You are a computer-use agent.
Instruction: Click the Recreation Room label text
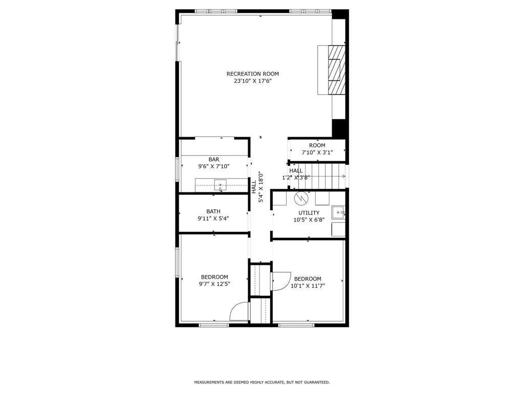pyautogui.click(x=253, y=74)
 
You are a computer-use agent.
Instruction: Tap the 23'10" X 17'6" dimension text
pyautogui.click(x=253, y=81)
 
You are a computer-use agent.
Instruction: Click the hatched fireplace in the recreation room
pyautogui.click(x=336, y=70)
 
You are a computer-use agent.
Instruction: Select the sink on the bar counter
pyautogui.click(x=220, y=185)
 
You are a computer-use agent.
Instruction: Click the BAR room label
pyautogui.click(x=213, y=160)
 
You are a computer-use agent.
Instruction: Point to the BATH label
pyautogui.click(x=213, y=211)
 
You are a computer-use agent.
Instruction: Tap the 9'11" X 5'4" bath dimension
pyautogui.click(x=213, y=219)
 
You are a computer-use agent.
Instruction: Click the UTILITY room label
pyautogui.click(x=309, y=213)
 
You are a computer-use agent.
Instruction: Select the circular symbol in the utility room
pyautogui.click(x=301, y=196)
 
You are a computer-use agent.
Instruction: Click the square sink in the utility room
pyautogui.click(x=338, y=212)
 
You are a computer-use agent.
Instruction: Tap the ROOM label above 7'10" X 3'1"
pyautogui.click(x=317, y=145)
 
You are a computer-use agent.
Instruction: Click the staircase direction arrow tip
pyautogui.click(x=344, y=177)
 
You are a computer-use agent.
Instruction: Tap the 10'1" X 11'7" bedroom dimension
pyautogui.click(x=308, y=286)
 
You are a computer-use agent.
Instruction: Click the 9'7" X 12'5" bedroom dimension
pyautogui.click(x=213, y=284)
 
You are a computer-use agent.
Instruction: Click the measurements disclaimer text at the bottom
pyautogui.click(x=261, y=382)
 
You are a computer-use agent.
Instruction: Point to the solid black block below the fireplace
pyautogui.click(x=339, y=128)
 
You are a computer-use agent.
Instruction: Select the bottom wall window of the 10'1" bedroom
pyautogui.click(x=295, y=324)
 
